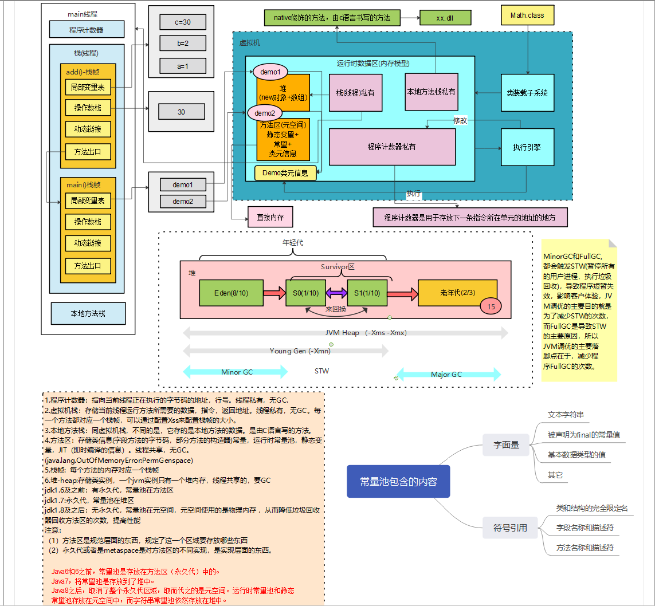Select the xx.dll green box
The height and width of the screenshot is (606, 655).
coord(445,18)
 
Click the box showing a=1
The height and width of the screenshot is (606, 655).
coord(182,66)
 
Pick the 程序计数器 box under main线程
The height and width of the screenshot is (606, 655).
coord(87,29)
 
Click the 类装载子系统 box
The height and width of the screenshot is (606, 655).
coord(527,93)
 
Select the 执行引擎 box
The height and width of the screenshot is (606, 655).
coord(526,147)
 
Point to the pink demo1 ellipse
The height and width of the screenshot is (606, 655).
coord(270,72)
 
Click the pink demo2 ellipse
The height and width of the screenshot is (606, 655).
coord(264,113)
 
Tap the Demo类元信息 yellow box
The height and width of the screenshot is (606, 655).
coord(285,172)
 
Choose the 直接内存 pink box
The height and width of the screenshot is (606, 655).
coord(270,218)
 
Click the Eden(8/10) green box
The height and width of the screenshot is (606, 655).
coord(231,293)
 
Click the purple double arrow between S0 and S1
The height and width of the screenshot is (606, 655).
coord(336,293)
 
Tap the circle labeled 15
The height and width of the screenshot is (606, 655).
coord(491,306)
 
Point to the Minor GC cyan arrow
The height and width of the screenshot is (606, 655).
coord(236,372)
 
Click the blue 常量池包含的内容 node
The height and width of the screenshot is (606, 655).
coord(398,482)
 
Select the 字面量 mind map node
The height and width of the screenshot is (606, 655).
coord(507,444)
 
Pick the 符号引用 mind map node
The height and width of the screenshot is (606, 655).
coord(510,528)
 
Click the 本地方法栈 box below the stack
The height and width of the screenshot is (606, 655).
coord(88,313)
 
